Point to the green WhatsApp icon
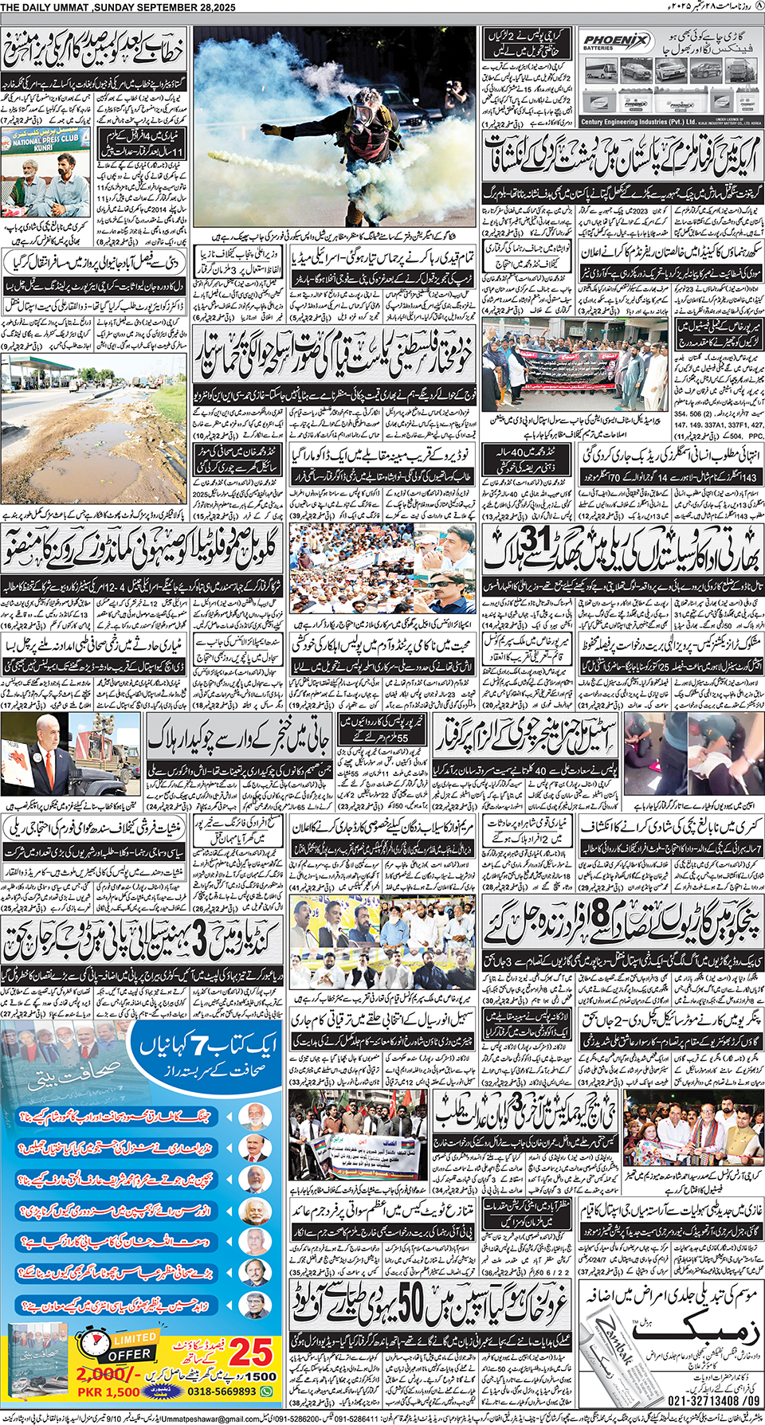pos(267,1392)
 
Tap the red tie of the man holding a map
pos(45,769)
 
